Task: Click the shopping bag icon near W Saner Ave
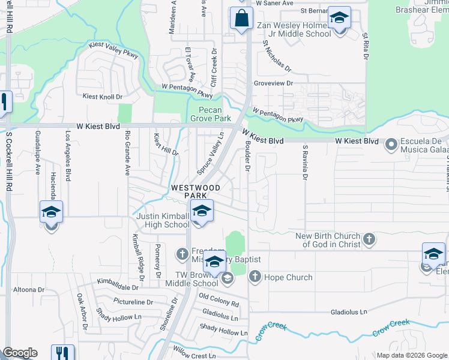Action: coord(241,18)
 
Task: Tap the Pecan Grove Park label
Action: coord(214,114)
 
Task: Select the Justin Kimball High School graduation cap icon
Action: coord(202,211)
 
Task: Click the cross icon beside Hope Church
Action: coord(254,277)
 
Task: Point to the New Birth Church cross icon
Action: coord(369,240)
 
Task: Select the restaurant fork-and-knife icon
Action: coord(62,353)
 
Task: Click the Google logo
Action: coord(20,353)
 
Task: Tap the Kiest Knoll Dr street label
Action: coord(101,97)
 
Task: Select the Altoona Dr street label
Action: coord(29,289)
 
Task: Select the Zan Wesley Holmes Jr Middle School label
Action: coord(294,29)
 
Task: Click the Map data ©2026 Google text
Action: coord(412,355)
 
